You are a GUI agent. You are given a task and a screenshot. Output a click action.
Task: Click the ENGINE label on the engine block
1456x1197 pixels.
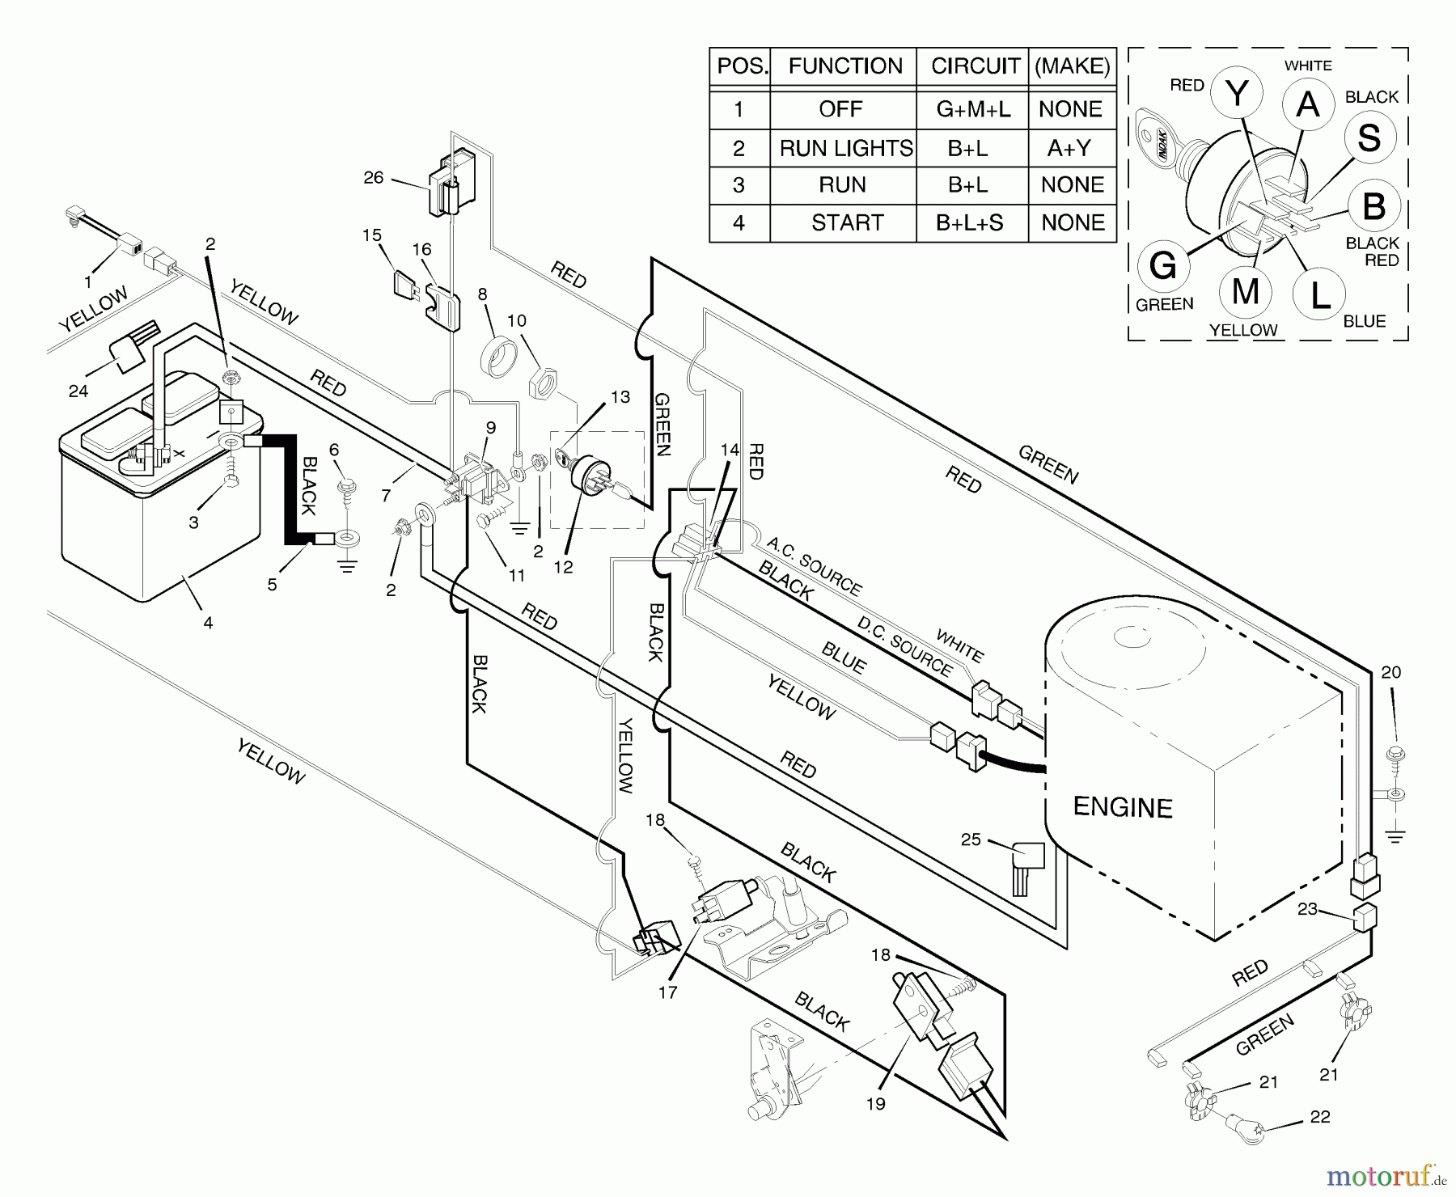[x=1123, y=807]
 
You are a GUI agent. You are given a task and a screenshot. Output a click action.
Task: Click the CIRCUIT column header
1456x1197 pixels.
[x=975, y=66]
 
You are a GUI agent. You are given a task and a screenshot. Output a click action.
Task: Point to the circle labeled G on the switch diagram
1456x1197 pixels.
[x=1163, y=265]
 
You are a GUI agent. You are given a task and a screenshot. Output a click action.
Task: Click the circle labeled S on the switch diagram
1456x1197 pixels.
[x=1369, y=137]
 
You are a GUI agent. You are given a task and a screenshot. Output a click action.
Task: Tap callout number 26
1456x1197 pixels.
[x=373, y=177]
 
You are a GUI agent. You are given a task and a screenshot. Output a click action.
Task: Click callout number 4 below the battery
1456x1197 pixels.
[x=208, y=623]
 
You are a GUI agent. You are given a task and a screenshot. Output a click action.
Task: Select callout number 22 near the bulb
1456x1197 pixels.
[x=1320, y=1116]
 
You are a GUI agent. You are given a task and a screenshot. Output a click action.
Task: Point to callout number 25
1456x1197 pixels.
[x=971, y=840]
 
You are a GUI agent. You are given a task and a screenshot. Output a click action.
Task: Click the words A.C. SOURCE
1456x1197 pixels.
[x=814, y=565]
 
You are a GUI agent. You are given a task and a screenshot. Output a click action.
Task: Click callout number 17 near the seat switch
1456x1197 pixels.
[x=667, y=992]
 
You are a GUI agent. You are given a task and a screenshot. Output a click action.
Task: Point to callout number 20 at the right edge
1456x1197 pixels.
[x=1390, y=672]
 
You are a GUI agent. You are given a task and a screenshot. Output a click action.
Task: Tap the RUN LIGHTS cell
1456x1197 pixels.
[x=845, y=148]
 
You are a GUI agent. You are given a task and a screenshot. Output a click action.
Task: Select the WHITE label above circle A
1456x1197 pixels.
[x=1308, y=66]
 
